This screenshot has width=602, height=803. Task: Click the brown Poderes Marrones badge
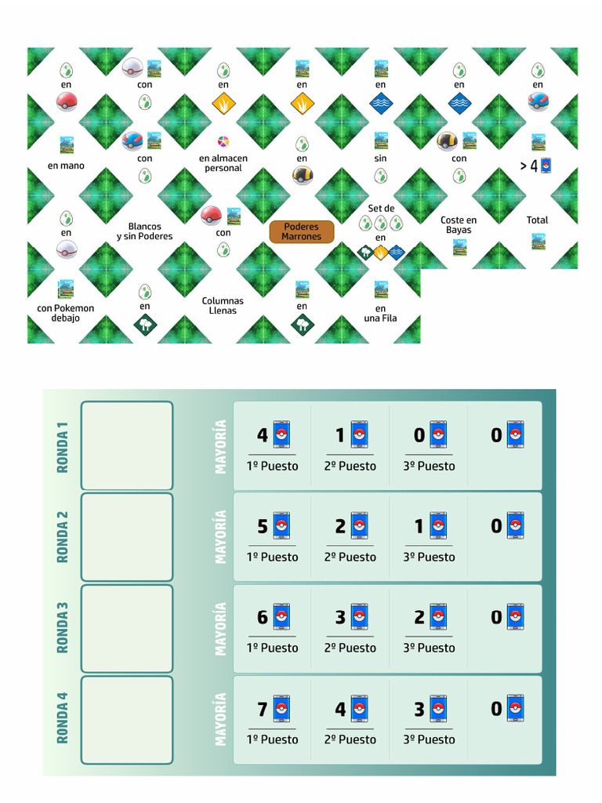[x=302, y=231]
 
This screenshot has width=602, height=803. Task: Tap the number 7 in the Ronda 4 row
[x=263, y=709]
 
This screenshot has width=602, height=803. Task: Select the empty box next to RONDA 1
[x=127, y=445]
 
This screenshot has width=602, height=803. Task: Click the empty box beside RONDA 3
[x=127, y=628]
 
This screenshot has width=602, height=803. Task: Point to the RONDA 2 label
[x=62, y=537]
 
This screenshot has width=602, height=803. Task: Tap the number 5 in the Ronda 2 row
[x=263, y=526]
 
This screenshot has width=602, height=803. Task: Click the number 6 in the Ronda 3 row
[x=263, y=618]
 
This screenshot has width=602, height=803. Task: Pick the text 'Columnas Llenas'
[x=223, y=306]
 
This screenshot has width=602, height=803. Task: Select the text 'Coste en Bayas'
[x=459, y=225]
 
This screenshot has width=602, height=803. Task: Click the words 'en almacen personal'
[x=223, y=163]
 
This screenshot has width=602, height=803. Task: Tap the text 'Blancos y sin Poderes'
[x=144, y=231]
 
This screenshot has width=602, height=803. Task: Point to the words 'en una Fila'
[x=380, y=313]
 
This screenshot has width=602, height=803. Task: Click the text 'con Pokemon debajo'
[x=66, y=313]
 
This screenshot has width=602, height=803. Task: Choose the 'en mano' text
[x=66, y=165]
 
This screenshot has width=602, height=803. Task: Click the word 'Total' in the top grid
[x=537, y=220]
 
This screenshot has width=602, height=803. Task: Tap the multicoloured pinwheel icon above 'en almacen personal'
[x=223, y=141]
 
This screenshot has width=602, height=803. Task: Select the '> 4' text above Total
[x=529, y=166]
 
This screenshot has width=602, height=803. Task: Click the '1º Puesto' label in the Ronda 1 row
[x=272, y=466]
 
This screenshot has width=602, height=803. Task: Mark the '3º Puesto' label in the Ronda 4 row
[x=429, y=739]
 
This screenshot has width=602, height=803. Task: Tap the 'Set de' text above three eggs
[x=381, y=209]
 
